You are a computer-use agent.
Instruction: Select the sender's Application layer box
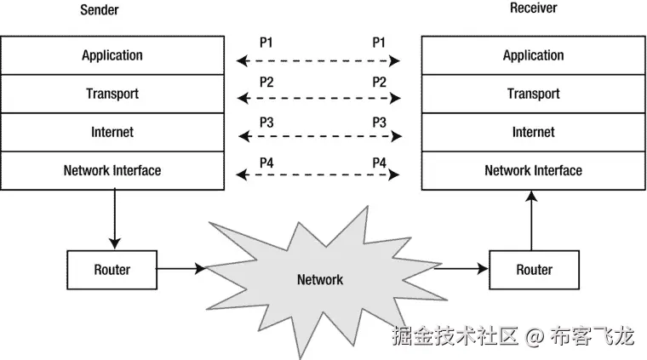pos(112,55)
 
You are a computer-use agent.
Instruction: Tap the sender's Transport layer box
pos(112,94)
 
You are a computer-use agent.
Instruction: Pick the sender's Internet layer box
pos(112,132)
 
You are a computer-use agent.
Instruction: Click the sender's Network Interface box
pos(112,170)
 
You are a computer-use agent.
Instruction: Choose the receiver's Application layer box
pos(533,55)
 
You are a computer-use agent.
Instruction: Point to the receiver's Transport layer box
pos(533,94)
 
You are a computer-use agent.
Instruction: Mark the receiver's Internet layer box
pos(533,132)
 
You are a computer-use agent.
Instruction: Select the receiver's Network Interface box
pos(533,170)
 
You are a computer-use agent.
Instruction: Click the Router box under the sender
pos(112,270)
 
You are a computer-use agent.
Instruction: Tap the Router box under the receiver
pos(534,270)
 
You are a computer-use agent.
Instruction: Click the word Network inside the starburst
pos(319,279)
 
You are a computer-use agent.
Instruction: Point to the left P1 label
pos(267,42)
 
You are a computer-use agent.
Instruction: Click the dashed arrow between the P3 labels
pos(318,136)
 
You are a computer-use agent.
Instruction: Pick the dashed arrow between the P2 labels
pos(318,99)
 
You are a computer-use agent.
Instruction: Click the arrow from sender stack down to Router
pos(113,219)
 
